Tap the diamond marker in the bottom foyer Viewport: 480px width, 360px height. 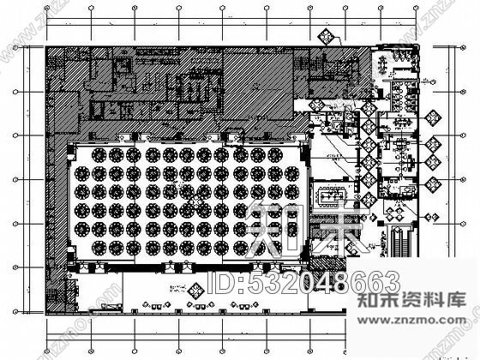tap(195, 291)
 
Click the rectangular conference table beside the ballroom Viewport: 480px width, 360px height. tap(331, 195)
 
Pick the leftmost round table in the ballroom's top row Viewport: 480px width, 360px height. tap(97, 155)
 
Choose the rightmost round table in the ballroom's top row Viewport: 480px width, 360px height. tap(274, 155)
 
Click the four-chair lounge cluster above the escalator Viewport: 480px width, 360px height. tap(398, 208)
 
